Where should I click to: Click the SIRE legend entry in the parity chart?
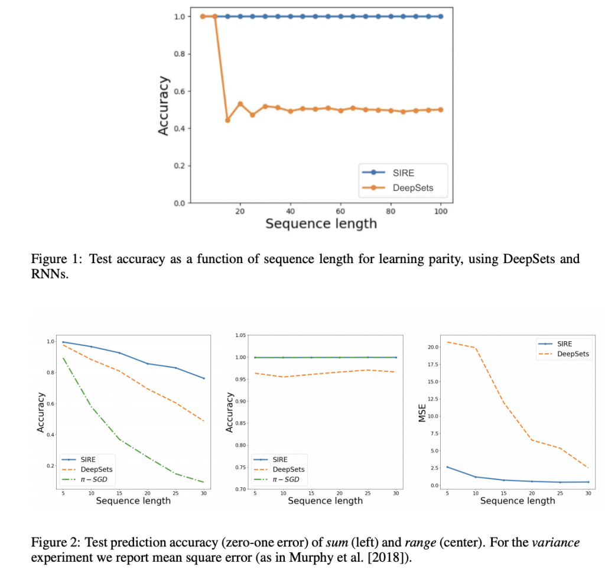[404, 173]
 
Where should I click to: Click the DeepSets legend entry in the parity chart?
[412, 189]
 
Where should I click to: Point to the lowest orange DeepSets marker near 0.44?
[227, 120]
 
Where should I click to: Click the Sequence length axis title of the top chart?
[321, 224]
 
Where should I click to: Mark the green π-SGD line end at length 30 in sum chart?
[204, 482]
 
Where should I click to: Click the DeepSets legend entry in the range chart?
[290, 469]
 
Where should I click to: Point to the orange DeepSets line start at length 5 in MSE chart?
[447, 342]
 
